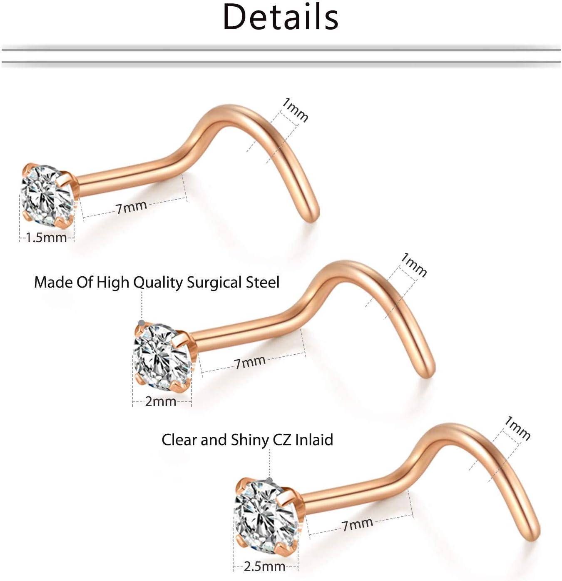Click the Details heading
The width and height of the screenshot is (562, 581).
pos(281,18)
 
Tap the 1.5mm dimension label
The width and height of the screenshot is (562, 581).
pos(46,238)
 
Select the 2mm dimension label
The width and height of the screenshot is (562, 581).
pos(161,401)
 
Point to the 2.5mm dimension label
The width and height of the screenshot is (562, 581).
pos(265,566)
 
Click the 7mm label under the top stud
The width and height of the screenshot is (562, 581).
pos(131,207)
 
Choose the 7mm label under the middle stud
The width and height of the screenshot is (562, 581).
pos(250,362)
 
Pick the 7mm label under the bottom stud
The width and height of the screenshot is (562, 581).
pos(357,524)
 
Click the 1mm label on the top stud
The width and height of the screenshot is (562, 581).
pos(295,110)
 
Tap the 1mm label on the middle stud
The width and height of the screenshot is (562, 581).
pos(413,265)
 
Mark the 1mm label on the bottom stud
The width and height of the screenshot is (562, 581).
pos(517,428)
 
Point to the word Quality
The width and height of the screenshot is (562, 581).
pos(158,283)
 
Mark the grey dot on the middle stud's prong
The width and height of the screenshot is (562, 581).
pos(142,323)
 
